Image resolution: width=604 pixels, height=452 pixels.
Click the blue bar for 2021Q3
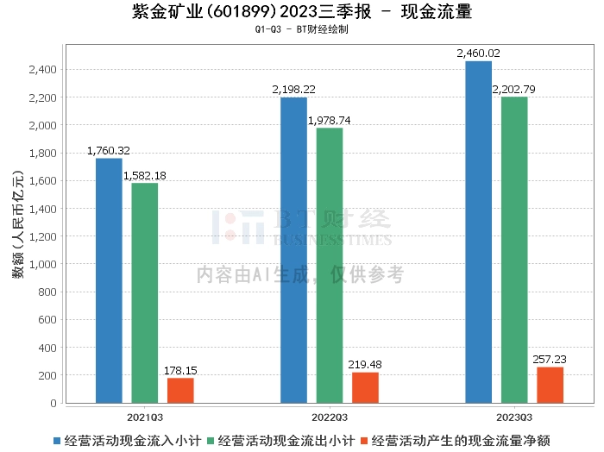(x=109, y=280)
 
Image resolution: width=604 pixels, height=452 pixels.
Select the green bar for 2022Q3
(x=330, y=266)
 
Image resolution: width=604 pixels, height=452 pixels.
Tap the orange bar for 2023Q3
(x=551, y=385)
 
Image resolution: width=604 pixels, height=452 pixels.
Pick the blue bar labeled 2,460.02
(x=478, y=232)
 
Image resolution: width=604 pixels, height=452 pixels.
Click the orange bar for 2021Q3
(x=180, y=391)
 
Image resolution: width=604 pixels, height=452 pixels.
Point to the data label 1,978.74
(x=330, y=121)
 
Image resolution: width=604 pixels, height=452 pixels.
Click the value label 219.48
(x=365, y=365)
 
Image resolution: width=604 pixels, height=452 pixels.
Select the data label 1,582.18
(x=144, y=176)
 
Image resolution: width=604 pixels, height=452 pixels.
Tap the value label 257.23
(x=550, y=360)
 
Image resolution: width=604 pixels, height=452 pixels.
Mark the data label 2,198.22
(x=294, y=90)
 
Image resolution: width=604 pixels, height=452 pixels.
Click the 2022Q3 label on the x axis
(x=330, y=417)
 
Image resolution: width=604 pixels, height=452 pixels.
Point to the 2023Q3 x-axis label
(x=514, y=417)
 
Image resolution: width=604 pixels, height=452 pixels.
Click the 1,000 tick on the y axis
(x=43, y=265)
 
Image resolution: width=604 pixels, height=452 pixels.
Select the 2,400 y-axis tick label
(x=43, y=70)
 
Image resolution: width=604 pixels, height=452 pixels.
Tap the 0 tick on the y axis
(x=53, y=404)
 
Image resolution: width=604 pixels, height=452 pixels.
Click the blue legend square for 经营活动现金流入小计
(x=57, y=441)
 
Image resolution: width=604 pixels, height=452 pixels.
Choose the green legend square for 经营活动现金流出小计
(x=211, y=441)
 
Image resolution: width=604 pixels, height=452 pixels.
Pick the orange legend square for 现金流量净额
(x=364, y=441)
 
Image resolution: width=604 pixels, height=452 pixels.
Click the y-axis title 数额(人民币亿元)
(x=18, y=224)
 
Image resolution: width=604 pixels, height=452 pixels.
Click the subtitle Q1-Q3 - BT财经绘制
(x=302, y=29)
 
